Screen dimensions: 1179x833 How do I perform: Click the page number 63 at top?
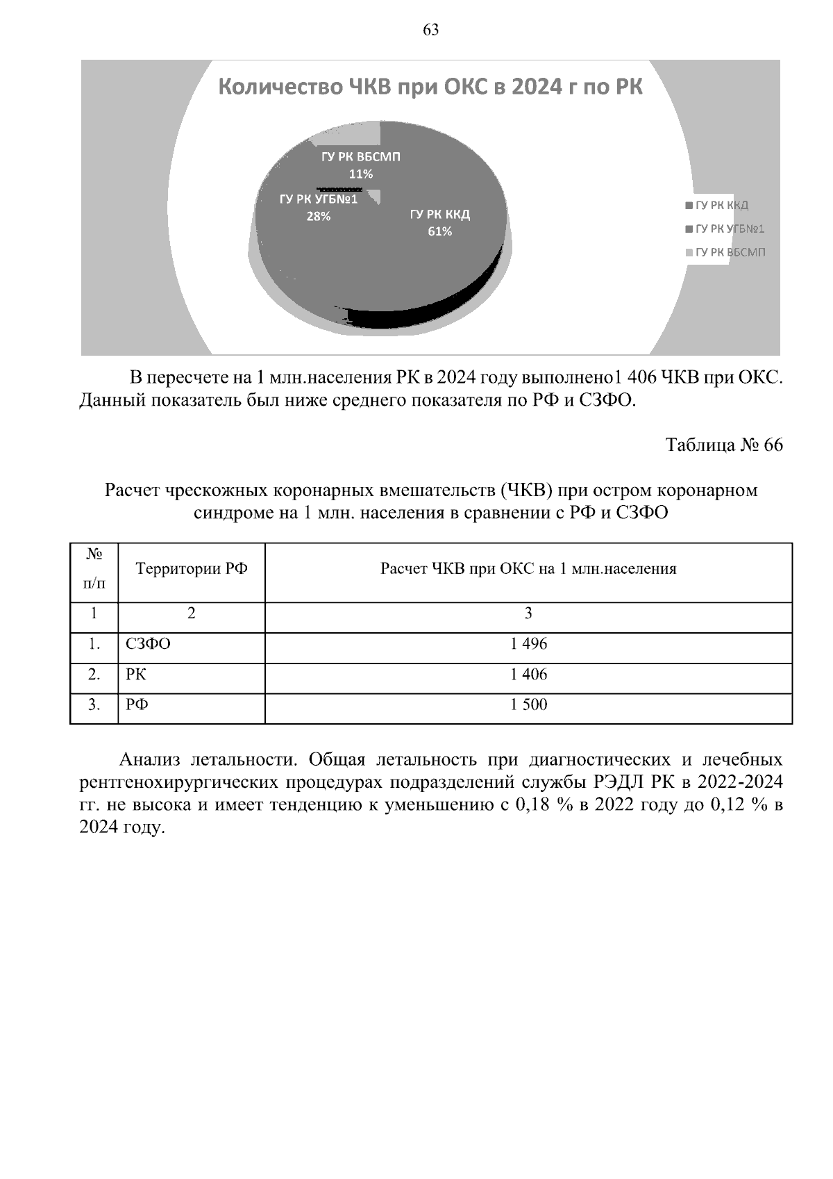430,29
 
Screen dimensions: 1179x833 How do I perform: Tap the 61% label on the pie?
439,231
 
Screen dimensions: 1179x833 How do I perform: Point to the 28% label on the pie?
319,217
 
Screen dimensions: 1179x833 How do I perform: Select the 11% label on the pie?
360,174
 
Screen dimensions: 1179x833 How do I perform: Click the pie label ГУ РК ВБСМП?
360,157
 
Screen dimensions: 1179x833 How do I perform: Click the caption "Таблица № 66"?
724,445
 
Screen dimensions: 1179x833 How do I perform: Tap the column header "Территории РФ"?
192,569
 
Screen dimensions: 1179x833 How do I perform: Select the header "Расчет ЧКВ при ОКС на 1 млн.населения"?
528,569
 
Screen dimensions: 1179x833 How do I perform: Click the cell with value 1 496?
528,644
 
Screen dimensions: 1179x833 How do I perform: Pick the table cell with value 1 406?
528,674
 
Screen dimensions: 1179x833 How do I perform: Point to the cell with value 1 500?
528,704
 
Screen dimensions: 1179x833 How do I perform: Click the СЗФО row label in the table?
148,644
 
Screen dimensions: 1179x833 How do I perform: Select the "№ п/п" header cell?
94,569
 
